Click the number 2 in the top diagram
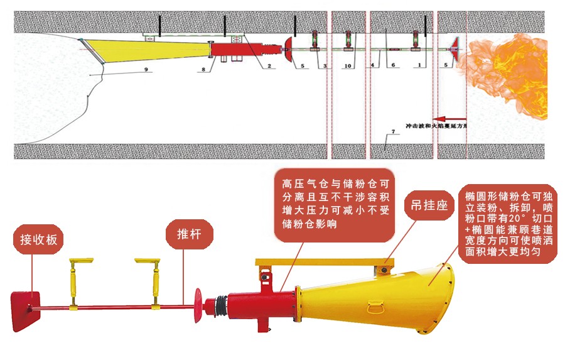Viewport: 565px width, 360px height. tap(268, 65)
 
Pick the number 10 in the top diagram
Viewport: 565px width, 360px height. tap(347, 65)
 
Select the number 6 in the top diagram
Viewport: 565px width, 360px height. tap(393, 65)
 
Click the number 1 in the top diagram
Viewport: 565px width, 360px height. tap(419, 65)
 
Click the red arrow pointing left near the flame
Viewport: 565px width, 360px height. tap(449, 117)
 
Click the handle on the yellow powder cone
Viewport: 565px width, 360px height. tap(377, 307)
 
